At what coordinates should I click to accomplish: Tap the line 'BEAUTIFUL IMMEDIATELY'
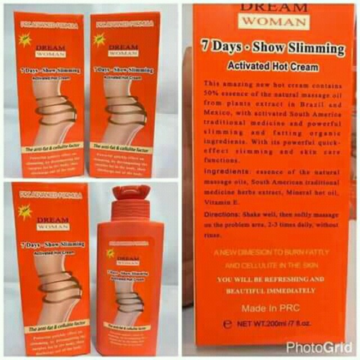coord(271,290)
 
